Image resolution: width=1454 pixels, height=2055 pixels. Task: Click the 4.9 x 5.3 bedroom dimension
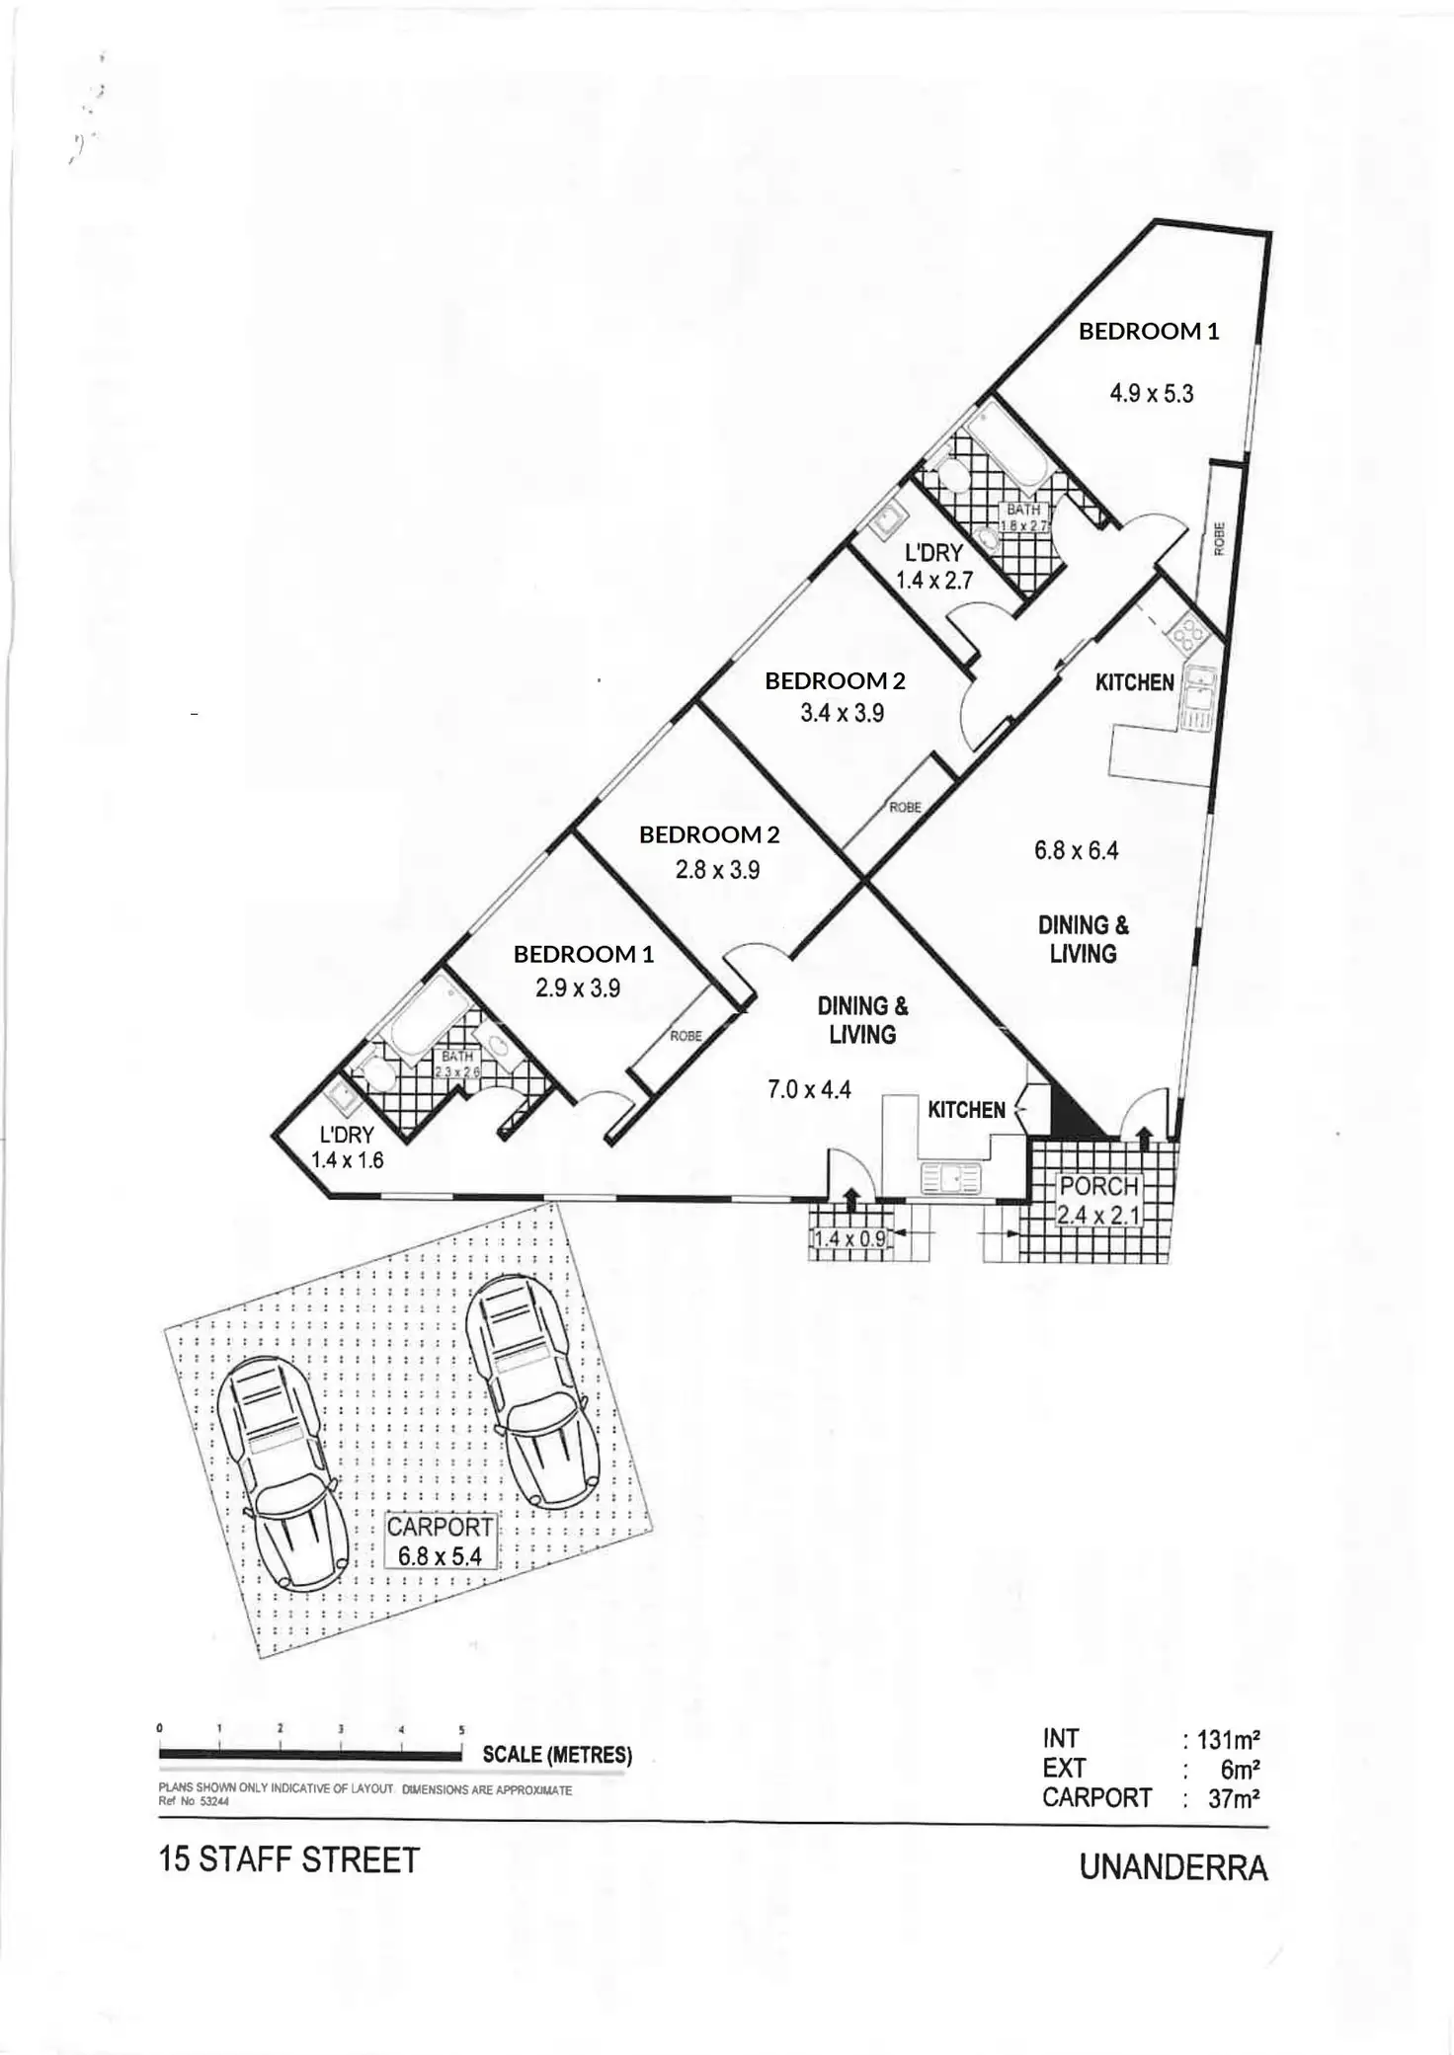(1151, 394)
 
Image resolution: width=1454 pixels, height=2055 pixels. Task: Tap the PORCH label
(1098, 1186)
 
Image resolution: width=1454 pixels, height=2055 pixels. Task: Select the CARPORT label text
(439, 1527)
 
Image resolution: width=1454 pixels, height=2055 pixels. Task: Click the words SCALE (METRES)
(557, 1755)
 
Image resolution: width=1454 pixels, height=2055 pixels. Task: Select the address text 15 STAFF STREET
(288, 1860)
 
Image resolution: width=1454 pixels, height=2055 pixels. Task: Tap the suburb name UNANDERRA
(1172, 1868)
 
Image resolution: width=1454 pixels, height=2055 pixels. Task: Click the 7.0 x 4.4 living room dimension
(809, 1090)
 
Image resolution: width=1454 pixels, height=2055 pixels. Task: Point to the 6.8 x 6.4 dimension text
(1076, 850)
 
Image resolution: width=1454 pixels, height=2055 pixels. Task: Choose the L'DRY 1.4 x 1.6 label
(347, 1147)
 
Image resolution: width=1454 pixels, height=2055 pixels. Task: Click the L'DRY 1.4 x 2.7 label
(933, 567)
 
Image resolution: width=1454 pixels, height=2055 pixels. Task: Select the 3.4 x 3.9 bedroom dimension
(842, 713)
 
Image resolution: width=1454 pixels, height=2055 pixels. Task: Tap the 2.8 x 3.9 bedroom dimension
(717, 870)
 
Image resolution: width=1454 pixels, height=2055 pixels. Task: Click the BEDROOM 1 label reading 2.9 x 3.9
(583, 971)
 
